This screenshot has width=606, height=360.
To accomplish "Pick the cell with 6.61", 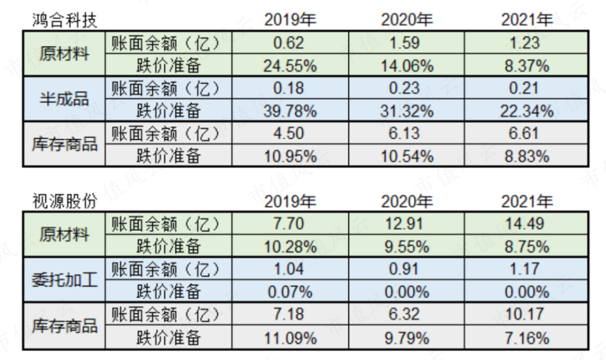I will coord(527,133).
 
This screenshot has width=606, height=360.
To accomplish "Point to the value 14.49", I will coord(527,224).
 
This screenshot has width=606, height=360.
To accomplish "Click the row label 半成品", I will coord(64,99).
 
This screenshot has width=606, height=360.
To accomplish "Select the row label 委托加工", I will coord(64,281).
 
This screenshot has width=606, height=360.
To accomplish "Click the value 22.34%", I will coord(527,111).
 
